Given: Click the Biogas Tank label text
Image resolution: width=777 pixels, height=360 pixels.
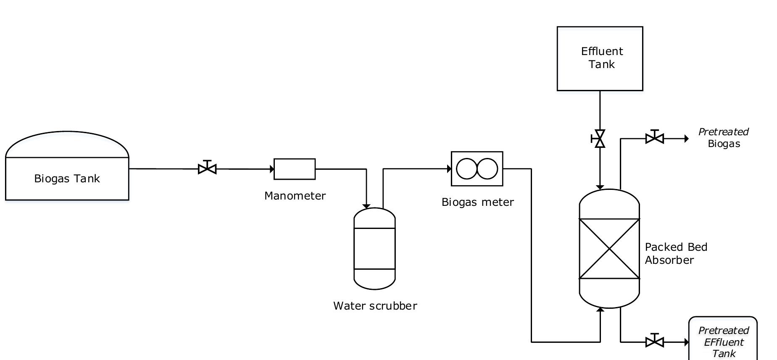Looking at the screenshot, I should tap(67, 179).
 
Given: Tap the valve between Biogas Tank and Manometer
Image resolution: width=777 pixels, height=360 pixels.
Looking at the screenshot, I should tap(207, 169).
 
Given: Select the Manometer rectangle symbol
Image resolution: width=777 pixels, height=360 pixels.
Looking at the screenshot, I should tap(294, 169).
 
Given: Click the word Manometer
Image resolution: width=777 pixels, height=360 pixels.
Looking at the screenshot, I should tap(295, 196).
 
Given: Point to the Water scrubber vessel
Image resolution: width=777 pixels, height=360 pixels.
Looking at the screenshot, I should tap(374, 248).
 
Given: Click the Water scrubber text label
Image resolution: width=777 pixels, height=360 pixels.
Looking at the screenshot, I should tap(375, 306).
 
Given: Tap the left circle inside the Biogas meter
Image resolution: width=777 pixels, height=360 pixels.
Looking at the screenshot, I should tap(466, 168).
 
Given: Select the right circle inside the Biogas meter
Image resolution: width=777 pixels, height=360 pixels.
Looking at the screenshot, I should tap(487, 168).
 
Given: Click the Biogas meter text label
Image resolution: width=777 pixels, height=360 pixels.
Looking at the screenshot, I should tap(477, 202).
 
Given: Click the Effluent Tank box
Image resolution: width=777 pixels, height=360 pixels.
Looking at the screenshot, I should tap(600, 58).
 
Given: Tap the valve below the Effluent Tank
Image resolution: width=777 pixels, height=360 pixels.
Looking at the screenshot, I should tap(600, 139).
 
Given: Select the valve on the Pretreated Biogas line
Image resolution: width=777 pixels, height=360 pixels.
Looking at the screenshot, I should tap(654, 138).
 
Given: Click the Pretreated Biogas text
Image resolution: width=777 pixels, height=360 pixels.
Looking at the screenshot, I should tap(723, 138).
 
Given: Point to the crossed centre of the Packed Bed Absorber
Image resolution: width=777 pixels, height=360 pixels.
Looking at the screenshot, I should tap(609, 249).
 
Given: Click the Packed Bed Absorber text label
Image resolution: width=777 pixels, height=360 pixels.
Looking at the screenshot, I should tap(676, 253).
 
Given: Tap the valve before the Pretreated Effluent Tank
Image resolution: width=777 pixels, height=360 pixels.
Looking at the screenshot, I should tap(654, 342).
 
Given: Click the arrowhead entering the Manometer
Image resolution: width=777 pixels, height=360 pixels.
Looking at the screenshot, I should tap(272, 169).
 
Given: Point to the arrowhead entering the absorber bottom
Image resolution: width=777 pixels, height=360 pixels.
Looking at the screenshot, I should tap(600, 310).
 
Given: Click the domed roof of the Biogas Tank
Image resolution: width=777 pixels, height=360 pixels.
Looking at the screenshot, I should tap(67, 143).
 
